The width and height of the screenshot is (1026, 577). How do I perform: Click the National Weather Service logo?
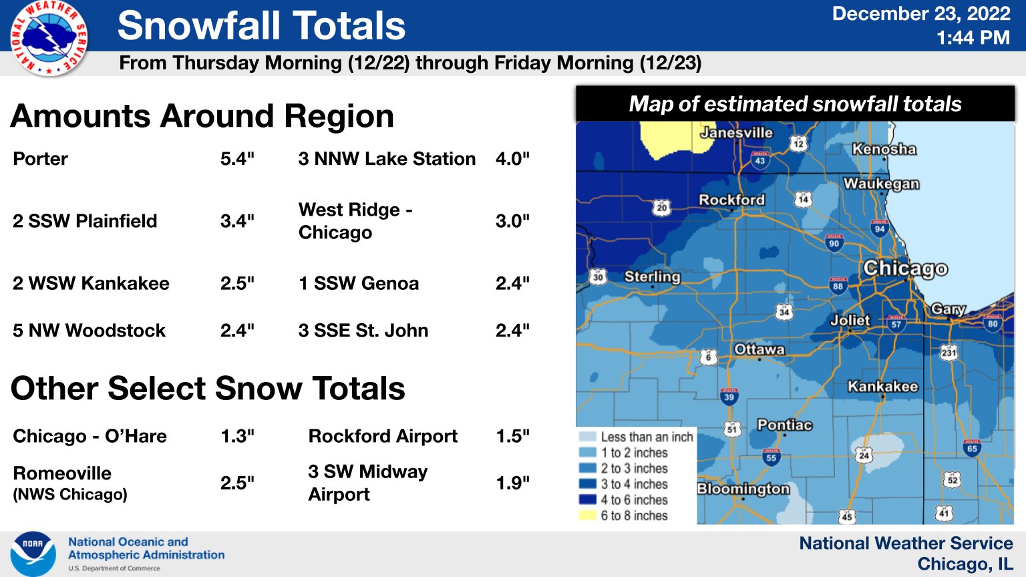[x=48, y=38]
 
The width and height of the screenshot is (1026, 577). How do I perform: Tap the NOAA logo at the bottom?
[x=33, y=554]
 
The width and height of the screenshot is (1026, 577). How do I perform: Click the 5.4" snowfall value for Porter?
[x=237, y=159]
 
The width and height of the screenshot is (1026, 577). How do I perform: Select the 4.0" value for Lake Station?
[x=512, y=159]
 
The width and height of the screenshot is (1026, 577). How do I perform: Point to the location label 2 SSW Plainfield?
[x=85, y=221]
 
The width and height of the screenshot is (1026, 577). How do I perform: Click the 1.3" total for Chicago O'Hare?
[x=237, y=436]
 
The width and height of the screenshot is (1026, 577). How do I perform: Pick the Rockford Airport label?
[x=383, y=436]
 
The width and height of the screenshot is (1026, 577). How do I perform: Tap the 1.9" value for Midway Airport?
[x=512, y=483]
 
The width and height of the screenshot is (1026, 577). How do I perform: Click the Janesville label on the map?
[x=736, y=133]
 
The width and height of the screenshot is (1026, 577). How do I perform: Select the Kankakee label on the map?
[x=882, y=387]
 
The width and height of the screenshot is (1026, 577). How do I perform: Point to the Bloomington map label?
[x=743, y=489]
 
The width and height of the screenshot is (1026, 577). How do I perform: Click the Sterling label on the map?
[x=652, y=276]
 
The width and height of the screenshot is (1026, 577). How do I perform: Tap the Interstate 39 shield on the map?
[x=729, y=396]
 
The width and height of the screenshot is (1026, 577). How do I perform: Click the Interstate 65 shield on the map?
[x=972, y=447]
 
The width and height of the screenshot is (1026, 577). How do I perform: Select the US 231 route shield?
[x=949, y=352]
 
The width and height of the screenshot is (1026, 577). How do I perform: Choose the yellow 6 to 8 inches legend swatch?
[x=587, y=516]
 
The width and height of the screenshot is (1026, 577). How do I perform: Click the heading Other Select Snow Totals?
[x=208, y=388]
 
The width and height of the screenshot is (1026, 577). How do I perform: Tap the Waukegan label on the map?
[x=881, y=184]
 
